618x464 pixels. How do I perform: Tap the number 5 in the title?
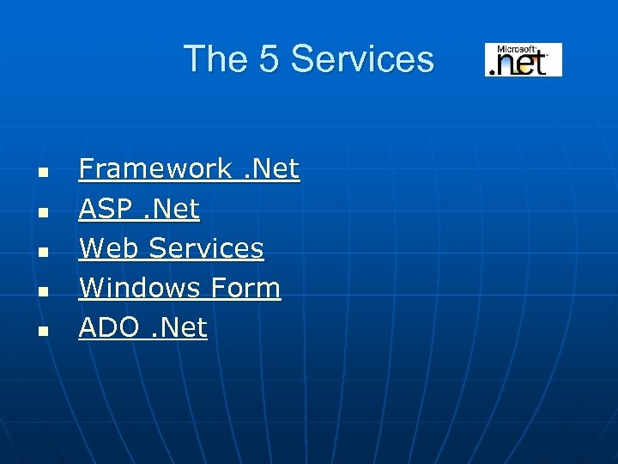265,59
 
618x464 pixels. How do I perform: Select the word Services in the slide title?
361,59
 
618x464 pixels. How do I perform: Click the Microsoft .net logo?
523,59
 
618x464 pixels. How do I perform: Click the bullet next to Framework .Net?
41,172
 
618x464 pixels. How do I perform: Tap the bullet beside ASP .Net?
41,211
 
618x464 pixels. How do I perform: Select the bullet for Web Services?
41,251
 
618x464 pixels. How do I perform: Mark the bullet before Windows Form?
41,290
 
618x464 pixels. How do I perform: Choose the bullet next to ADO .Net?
41,330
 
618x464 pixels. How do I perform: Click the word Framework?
155,169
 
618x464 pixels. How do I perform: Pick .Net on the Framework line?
271,169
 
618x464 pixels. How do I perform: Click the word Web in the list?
110,248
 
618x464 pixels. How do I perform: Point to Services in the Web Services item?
206,248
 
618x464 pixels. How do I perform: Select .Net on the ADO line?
179,327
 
